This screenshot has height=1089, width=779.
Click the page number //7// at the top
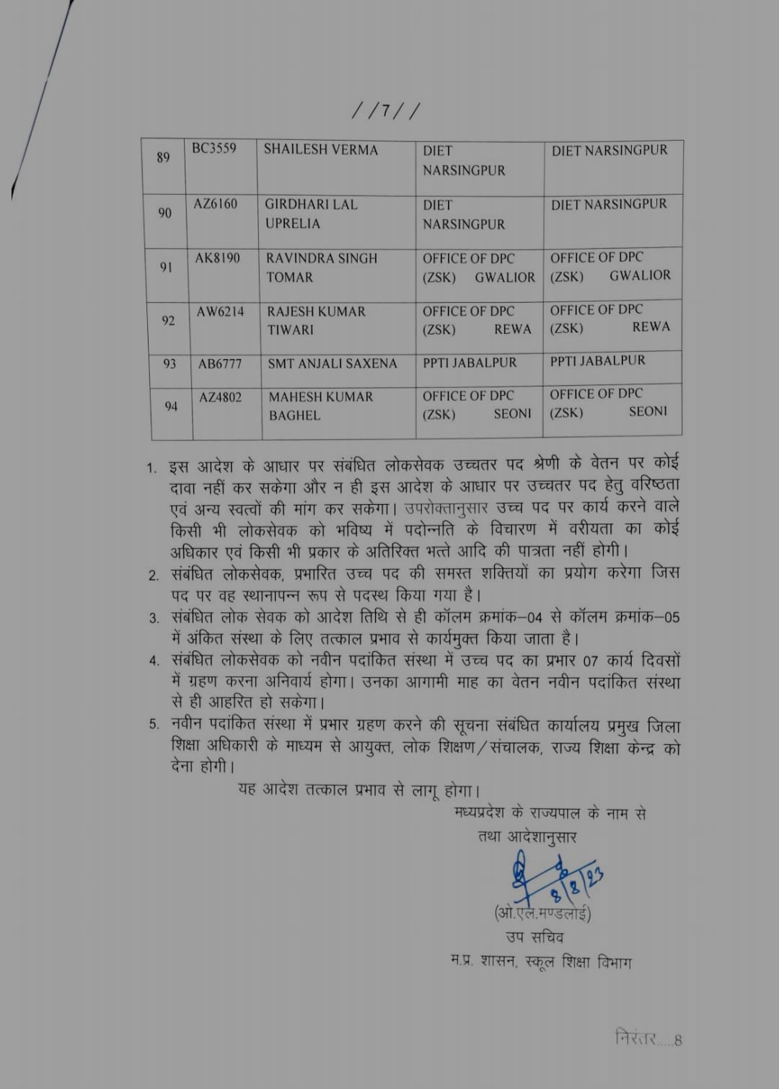(x=385, y=112)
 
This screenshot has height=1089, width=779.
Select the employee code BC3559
(x=214, y=149)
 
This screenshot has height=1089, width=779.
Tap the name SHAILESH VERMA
(x=320, y=150)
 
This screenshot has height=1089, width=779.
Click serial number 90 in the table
(x=165, y=213)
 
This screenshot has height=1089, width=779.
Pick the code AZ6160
(x=215, y=204)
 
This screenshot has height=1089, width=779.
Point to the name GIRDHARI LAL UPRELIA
(x=310, y=214)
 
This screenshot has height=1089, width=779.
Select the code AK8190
(x=217, y=258)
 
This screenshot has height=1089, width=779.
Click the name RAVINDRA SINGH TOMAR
(x=321, y=268)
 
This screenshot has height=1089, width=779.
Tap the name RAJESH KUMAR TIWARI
(x=316, y=320)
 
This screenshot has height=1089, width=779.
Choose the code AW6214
(x=220, y=312)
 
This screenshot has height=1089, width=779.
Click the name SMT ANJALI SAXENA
(x=332, y=364)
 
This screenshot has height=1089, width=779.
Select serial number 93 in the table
(x=170, y=364)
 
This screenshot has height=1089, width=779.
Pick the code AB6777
(x=220, y=364)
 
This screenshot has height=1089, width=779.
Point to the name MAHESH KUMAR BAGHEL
(x=320, y=406)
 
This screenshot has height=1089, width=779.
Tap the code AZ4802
(x=221, y=397)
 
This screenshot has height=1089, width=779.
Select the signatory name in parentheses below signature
(x=542, y=914)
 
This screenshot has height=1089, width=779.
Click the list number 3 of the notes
(x=154, y=618)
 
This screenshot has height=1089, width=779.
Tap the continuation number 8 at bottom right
(x=678, y=1041)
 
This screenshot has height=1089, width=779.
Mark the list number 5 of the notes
(x=154, y=724)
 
